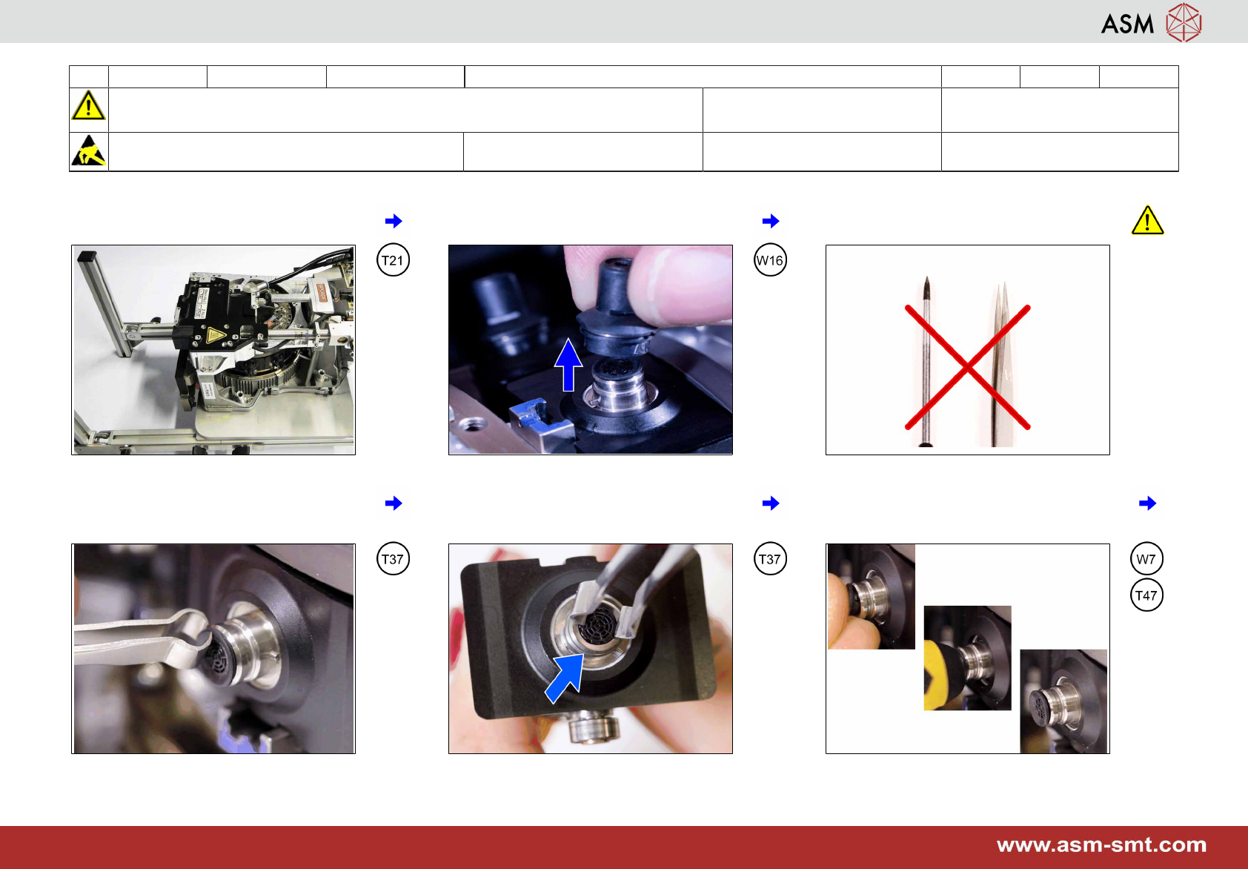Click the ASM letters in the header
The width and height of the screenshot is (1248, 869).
tap(1127, 24)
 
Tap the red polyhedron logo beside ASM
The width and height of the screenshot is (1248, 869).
tap(1184, 22)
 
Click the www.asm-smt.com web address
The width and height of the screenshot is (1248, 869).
tap(1101, 845)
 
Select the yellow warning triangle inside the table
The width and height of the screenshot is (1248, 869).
tap(88, 106)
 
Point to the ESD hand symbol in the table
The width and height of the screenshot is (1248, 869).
tap(88, 151)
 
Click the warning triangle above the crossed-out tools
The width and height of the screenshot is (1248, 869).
tap(1147, 220)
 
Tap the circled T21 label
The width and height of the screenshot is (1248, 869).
tap(393, 260)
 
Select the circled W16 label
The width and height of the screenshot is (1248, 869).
tap(770, 260)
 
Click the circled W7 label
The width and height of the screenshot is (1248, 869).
tap(1146, 558)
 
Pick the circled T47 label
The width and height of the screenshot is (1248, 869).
tap(1146, 595)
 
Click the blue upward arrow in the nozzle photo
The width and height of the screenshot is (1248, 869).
tap(568, 365)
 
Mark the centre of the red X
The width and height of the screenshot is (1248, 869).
tap(968, 367)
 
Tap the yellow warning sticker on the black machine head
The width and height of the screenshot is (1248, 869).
tap(215, 335)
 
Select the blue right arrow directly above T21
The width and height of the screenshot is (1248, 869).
tap(394, 221)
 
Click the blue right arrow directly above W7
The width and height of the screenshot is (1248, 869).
tap(1147, 503)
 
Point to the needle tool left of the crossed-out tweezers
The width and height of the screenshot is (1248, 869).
tap(926, 361)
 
